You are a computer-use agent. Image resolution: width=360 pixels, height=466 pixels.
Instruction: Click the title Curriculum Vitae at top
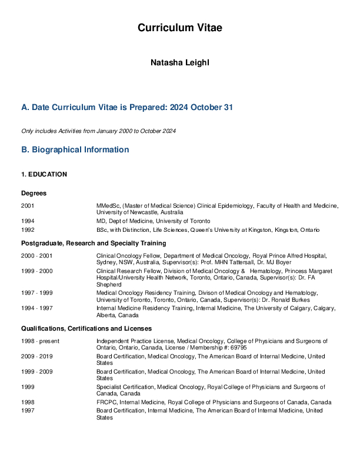tap(180, 28)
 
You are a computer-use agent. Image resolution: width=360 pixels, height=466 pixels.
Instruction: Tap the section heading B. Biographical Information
tap(75, 149)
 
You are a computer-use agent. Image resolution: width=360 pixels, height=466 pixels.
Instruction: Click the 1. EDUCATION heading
tap(44, 175)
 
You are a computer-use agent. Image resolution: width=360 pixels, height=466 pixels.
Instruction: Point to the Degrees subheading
tap(34, 193)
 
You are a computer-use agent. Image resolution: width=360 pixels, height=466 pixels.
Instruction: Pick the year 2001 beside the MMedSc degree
tap(28, 205)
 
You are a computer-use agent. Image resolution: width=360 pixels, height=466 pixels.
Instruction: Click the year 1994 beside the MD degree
tap(28, 221)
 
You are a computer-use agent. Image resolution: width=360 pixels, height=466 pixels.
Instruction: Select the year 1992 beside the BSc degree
tap(28, 229)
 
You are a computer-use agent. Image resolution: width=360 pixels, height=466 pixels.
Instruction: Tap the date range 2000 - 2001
tap(36, 256)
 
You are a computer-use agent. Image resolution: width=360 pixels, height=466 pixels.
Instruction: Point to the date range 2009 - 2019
tap(36, 356)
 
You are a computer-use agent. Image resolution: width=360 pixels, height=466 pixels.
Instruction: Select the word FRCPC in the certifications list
tap(107, 402)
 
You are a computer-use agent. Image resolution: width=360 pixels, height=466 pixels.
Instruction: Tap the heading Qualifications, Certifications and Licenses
tap(86, 328)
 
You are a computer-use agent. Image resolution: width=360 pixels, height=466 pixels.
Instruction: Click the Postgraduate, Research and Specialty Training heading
tap(94, 243)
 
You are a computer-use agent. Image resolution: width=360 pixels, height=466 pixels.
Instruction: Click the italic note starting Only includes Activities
tap(98, 131)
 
